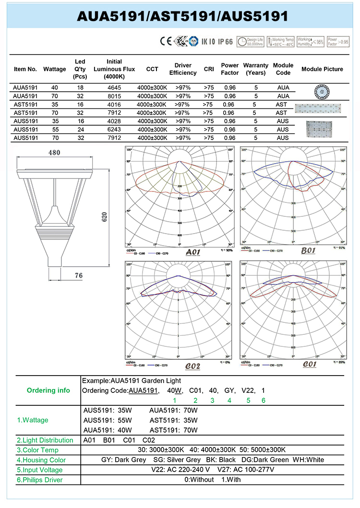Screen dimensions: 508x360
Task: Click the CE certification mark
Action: [166, 41]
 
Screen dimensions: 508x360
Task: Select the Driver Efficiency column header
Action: [183, 69]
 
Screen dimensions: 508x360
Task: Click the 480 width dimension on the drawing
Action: [54, 153]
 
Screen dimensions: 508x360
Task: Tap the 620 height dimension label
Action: [105, 217]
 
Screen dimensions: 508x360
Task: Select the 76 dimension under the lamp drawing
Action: [79, 275]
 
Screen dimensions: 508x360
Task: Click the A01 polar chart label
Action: [192, 252]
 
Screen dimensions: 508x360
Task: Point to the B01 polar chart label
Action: [308, 251]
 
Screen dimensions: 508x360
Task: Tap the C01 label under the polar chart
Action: [310, 364]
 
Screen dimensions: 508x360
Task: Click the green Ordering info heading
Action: [48, 390]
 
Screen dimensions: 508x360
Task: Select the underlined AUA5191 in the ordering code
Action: [143, 390]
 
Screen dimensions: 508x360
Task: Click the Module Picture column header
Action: [322, 69]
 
